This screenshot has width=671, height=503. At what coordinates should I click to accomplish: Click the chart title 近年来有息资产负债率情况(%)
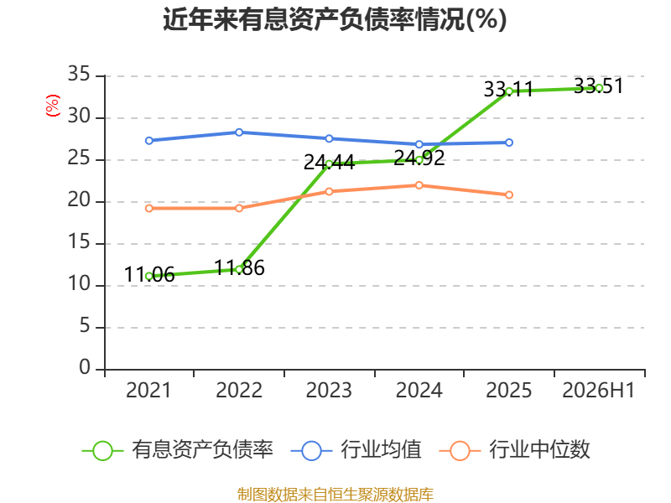click(335, 19)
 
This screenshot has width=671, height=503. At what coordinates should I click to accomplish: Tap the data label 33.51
click(598, 86)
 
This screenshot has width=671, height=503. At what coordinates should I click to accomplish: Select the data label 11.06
click(149, 274)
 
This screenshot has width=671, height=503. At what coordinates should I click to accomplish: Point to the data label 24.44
click(329, 162)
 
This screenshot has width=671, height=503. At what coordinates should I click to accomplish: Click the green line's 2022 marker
click(239, 269)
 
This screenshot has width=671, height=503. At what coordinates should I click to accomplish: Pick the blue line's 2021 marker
click(149, 141)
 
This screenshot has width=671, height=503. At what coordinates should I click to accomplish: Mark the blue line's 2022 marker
click(239, 132)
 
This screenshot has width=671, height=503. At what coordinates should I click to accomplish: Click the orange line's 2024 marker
click(419, 185)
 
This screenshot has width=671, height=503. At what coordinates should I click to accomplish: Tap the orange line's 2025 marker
click(509, 195)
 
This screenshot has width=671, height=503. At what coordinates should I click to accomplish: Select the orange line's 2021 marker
click(149, 208)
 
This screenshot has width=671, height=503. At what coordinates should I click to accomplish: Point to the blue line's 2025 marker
click(509, 143)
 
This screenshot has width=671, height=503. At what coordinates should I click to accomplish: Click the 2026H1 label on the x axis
click(598, 390)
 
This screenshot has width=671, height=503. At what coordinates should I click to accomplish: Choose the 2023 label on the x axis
click(329, 390)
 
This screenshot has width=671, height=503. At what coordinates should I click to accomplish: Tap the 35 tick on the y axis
click(79, 74)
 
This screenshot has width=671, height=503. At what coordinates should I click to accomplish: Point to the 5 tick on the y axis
click(85, 326)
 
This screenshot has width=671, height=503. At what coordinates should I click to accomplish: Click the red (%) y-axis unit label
click(53, 106)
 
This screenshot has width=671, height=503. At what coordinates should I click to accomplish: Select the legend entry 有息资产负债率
click(178, 449)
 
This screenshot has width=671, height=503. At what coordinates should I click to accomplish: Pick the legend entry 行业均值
click(356, 449)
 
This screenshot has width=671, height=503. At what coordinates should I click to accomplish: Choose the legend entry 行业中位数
click(514, 449)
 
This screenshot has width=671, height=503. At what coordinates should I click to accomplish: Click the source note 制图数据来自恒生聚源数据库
click(335, 494)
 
